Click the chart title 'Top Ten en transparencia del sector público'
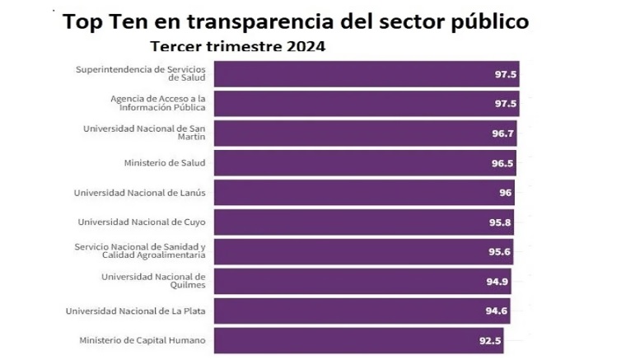(297, 21)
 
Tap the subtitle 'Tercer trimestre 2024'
(237, 46)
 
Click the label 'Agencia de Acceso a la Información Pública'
(158, 104)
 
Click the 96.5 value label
(502, 163)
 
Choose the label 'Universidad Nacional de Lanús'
(139, 193)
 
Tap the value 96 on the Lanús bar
(504, 193)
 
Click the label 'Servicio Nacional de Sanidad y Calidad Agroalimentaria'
(139, 251)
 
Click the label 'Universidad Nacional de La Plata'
(135, 311)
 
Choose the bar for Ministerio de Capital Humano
(354, 340)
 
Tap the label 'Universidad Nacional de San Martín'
(144, 133)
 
